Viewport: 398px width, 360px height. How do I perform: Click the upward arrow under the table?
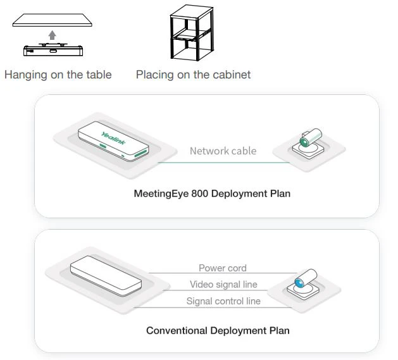[x=53, y=35]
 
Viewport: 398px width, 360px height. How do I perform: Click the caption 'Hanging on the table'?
[x=58, y=75]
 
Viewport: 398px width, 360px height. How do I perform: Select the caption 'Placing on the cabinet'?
[x=193, y=75]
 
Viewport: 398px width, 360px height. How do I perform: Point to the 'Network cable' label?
[x=223, y=151]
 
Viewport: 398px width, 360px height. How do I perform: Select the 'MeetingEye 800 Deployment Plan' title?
[x=212, y=194]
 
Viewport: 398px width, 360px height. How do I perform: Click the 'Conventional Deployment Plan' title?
[x=218, y=330]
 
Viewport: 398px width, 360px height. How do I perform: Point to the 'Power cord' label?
[x=223, y=268]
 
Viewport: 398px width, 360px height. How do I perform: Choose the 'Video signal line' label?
[x=223, y=285]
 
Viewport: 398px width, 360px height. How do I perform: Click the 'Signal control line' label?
[x=223, y=301]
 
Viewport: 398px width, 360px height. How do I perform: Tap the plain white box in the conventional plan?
[x=104, y=276]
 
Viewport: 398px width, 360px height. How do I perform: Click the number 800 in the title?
[x=199, y=194]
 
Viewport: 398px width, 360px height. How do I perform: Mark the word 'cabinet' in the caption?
[x=232, y=75]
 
